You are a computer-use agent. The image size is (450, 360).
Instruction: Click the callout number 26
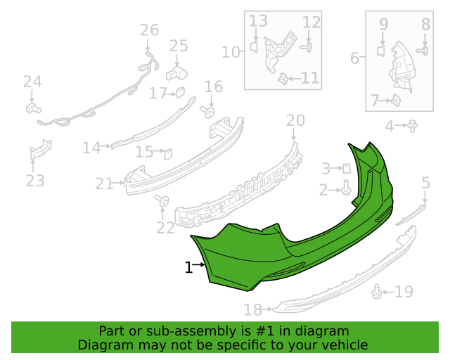click(149, 30)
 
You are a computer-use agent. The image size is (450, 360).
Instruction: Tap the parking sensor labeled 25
click(176, 74)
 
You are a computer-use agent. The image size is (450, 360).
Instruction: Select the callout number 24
click(32, 82)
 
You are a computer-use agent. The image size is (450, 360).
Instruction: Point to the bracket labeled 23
click(41, 149)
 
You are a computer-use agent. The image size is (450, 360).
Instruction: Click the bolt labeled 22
click(162, 200)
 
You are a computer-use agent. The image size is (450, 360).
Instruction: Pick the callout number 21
click(105, 184)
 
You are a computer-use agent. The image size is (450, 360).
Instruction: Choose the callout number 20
click(295, 120)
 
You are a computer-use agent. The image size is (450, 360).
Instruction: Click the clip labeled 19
click(377, 292)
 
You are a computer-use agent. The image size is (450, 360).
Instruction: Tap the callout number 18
click(252, 310)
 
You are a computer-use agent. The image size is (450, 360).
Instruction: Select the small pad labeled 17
click(180, 92)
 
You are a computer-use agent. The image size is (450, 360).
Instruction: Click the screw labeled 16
click(208, 112)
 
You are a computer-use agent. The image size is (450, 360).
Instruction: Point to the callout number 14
click(91, 148)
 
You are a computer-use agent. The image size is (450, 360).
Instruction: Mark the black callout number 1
click(188, 267)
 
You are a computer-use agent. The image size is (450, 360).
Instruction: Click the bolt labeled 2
click(346, 188)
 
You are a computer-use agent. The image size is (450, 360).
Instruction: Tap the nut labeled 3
click(347, 168)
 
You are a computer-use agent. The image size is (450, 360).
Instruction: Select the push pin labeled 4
click(413, 126)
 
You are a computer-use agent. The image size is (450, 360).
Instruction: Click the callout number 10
click(231, 52)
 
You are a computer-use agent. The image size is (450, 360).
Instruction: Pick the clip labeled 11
click(283, 79)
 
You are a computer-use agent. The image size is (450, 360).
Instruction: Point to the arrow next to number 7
click(385, 101)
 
